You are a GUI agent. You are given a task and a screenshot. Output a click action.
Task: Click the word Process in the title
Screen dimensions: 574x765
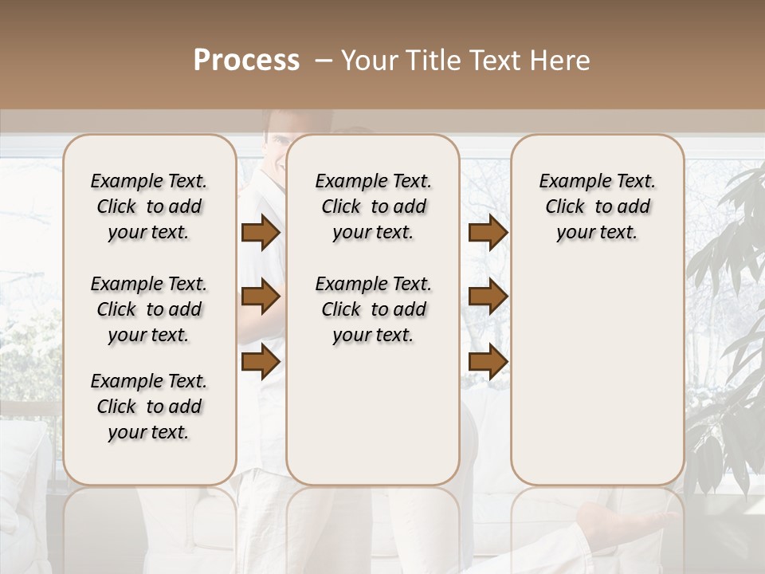click(x=246, y=61)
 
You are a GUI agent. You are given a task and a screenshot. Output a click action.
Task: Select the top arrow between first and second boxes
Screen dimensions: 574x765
click(x=261, y=233)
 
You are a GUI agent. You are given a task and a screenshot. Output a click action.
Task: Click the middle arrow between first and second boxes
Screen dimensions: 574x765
click(x=261, y=297)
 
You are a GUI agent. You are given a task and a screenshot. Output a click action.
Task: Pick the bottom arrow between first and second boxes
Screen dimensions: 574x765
click(x=261, y=361)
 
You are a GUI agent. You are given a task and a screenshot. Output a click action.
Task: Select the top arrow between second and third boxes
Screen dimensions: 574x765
click(x=488, y=233)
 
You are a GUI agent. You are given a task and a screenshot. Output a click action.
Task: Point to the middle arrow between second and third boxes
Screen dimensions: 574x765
click(x=488, y=297)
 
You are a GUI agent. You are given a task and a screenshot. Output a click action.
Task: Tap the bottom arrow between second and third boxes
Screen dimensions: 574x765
click(x=488, y=361)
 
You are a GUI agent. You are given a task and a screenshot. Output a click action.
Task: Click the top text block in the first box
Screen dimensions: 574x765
click(x=149, y=206)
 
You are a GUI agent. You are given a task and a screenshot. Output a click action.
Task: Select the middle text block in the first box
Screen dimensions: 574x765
click(x=149, y=309)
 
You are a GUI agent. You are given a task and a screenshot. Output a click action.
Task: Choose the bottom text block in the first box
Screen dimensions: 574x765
click(x=149, y=407)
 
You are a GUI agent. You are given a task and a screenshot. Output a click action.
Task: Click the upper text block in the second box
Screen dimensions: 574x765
click(x=373, y=206)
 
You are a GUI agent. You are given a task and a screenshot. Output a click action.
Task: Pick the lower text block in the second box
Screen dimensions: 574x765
click(x=373, y=309)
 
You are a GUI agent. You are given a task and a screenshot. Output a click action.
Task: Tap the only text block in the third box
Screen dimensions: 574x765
click(x=597, y=206)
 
